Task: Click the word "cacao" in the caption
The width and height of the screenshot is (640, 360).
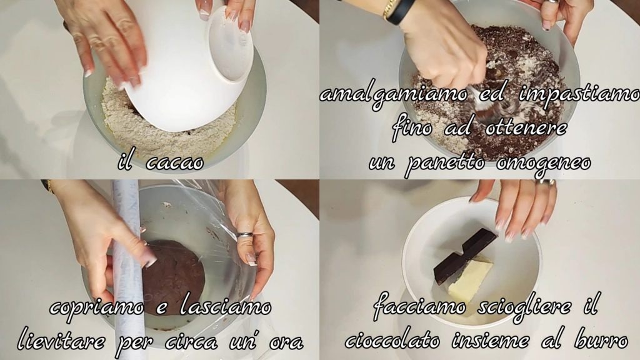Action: [174, 163]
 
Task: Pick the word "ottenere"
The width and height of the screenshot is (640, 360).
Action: [526, 128]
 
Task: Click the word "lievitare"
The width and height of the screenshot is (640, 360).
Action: [61, 340]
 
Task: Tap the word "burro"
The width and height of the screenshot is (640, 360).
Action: [601, 340]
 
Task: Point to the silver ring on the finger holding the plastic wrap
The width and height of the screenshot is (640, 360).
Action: [245, 234]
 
